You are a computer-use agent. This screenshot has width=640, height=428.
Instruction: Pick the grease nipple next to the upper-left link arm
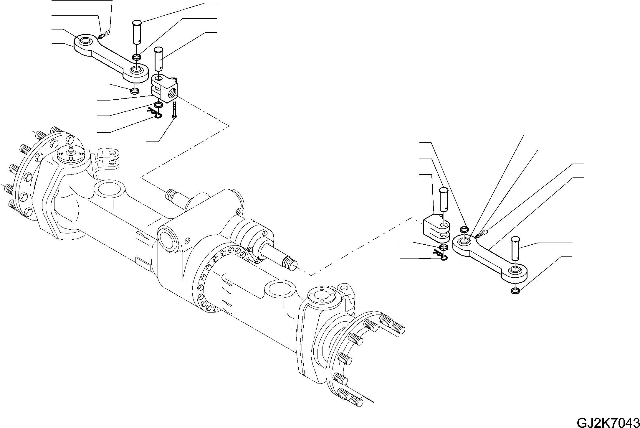102,36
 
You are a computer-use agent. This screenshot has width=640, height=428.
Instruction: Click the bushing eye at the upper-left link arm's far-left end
85,41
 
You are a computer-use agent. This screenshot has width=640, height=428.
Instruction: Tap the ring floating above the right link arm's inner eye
464,229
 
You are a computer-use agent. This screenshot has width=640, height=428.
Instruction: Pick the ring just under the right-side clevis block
444,247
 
